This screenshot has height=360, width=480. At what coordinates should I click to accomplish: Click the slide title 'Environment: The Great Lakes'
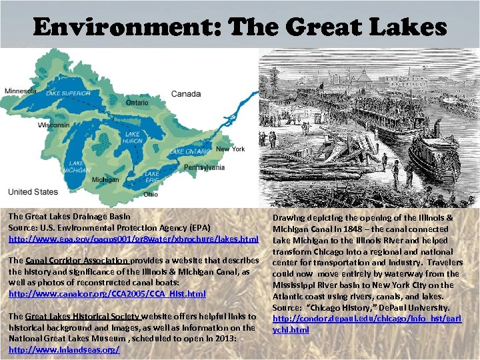tap(240, 27)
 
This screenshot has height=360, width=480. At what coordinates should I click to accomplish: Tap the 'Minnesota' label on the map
tap(21, 91)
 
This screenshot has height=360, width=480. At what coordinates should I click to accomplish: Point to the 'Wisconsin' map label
tap(53, 125)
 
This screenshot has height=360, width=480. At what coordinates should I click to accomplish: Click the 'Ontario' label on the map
tap(137, 103)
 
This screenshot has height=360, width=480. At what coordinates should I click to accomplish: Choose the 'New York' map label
tap(231, 149)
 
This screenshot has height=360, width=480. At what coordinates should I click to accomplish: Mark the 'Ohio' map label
tap(151, 195)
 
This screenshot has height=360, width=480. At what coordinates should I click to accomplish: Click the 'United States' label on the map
tap(33, 192)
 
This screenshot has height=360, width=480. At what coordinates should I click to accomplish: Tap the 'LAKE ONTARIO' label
tap(189, 152)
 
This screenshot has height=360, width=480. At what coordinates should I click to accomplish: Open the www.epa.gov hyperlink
tap(133, 238)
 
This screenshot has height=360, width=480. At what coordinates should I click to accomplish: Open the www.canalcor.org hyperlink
tap(107, 293)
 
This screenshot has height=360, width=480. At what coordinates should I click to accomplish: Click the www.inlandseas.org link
tap(64, 349)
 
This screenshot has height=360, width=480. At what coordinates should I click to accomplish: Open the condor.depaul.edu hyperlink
tap(367, 324)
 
